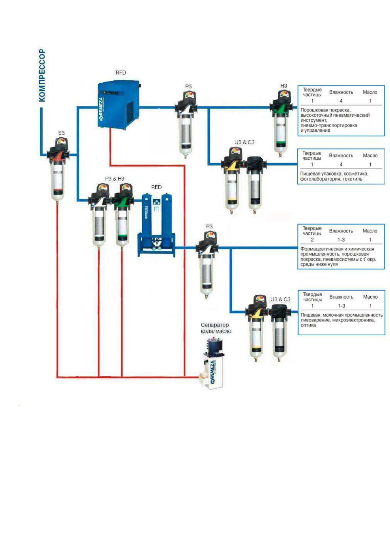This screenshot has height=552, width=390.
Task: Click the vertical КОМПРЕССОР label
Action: [x=42, y=75]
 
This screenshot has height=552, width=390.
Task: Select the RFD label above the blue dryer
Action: [x=121, y=73]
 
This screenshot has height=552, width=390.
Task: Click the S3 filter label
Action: [x=61, y=133]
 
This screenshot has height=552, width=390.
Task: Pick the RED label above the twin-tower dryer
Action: [x=156, y=187]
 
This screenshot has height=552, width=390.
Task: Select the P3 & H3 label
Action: [x=114, y=179]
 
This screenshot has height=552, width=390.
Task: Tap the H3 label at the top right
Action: [x=283, y=86]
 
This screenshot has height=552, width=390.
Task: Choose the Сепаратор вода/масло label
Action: [x=216, y=328]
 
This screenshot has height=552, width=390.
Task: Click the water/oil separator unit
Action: [x=213, y=364]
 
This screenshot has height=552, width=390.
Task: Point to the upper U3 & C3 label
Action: [x=244, y=142]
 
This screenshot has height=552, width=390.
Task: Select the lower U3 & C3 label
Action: [x=280, y=299]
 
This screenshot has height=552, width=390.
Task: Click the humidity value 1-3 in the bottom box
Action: [x=341, y=306]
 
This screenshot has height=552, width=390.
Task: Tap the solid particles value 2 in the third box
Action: [x=312, y=240]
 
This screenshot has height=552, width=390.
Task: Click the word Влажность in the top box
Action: [x=341, y=92]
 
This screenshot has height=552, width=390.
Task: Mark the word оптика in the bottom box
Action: [x=308, y=325]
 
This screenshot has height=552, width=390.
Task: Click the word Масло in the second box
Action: [x=370, y=156]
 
